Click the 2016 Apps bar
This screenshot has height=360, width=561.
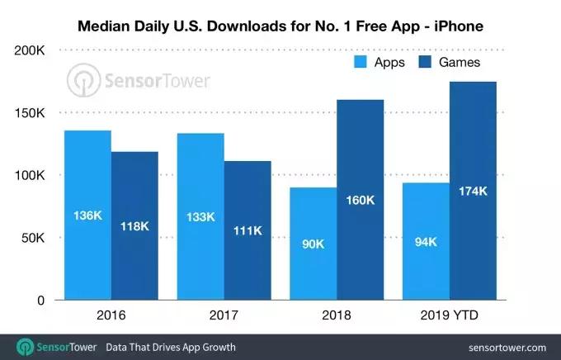88,215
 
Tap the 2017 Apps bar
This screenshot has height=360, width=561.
200,216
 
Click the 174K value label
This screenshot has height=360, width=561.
473,192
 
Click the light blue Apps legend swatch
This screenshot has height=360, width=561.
361,62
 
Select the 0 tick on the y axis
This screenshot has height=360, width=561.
40,301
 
